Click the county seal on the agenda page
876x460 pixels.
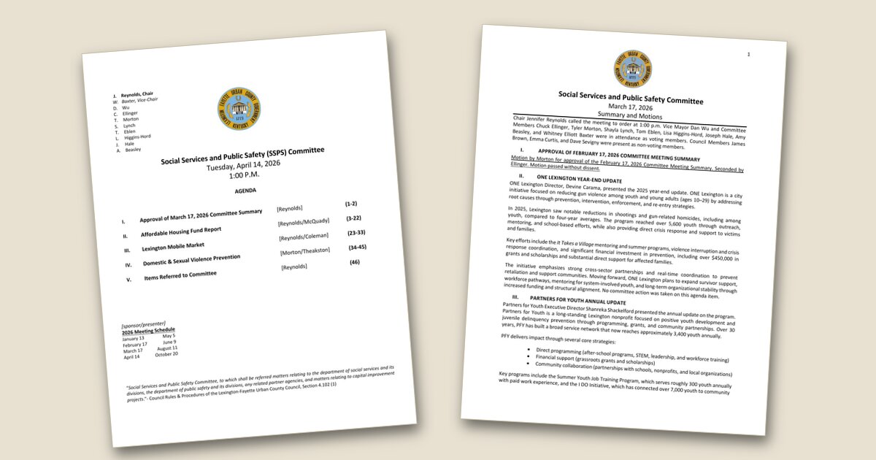point(239,110)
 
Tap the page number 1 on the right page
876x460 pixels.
point(748,55)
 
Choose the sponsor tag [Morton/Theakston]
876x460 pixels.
point(306,252)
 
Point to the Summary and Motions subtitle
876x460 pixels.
point(629,115)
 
